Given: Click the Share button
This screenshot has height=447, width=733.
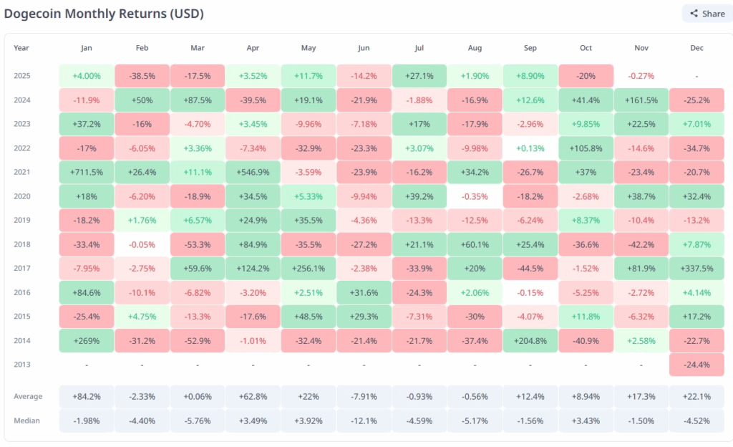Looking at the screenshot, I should click(x=707, y=13).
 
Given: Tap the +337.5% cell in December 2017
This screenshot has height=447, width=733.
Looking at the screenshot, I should click(x=697, y=268).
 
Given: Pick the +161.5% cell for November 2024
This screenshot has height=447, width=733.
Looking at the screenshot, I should click(x=641, y=100).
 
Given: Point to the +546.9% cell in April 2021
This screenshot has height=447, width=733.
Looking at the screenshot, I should click(x=253, y=172).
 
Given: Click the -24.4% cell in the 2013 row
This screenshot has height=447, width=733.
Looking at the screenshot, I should click(x=697, y=364).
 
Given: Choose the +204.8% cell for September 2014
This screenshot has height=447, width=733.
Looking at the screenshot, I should click(x=530, y=340).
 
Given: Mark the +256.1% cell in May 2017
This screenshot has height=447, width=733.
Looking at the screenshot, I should click(x=309, y=268).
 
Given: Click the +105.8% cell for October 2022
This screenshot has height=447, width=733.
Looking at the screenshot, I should click(x=586, y=148).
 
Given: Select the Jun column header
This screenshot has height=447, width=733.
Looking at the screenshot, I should click(x=364, y=48).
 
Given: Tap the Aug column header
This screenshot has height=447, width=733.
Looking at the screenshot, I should click(x=475, y=48).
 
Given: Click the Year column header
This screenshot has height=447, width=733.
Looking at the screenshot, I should click(x=21, y=48).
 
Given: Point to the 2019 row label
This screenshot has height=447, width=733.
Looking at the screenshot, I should click(x=22, y=220).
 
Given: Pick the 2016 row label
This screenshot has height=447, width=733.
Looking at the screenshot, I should click(x=22, y=292).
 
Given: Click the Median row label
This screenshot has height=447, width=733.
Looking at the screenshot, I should click(x=27, y=420).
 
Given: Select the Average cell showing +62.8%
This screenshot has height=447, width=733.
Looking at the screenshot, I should click(x=253, y=397).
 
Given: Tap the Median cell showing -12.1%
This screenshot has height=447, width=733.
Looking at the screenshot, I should click(x=364, y=420).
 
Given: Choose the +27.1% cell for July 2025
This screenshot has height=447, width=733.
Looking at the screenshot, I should click(x=419, y=76).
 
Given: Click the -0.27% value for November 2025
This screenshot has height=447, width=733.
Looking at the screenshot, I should click(x=641, y=76).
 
